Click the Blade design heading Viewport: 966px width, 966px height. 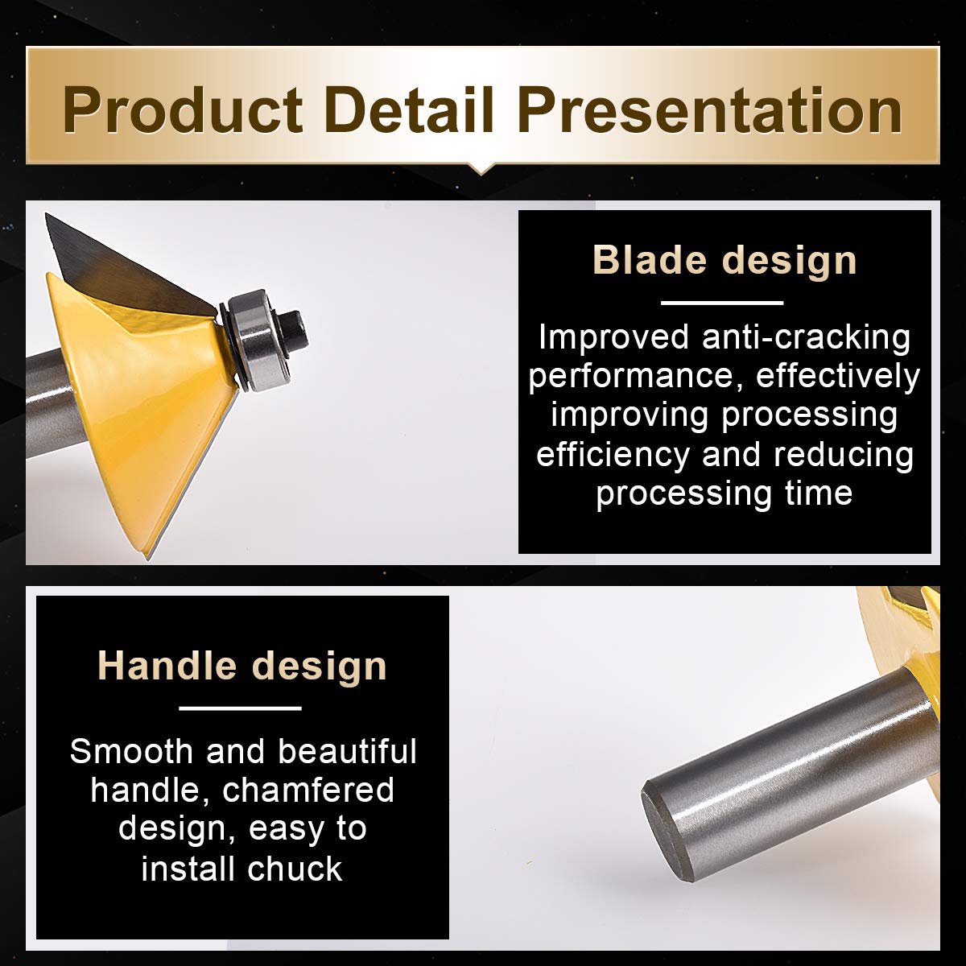(724, 260)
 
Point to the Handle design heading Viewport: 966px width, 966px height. (242, 666)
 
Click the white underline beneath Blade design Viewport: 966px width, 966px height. (722, 303)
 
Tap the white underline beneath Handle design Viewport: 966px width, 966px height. (240, 708)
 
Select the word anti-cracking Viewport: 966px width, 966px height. (806, 337)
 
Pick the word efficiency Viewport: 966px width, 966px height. (613, 455)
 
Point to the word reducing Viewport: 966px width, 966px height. (843, 455)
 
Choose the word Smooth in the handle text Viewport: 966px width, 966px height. (132, 751)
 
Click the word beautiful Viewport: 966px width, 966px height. (348, 751)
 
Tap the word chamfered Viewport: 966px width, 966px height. (308, 791)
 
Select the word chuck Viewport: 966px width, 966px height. (295, 869)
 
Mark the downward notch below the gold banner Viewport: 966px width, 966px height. (481, 169)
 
